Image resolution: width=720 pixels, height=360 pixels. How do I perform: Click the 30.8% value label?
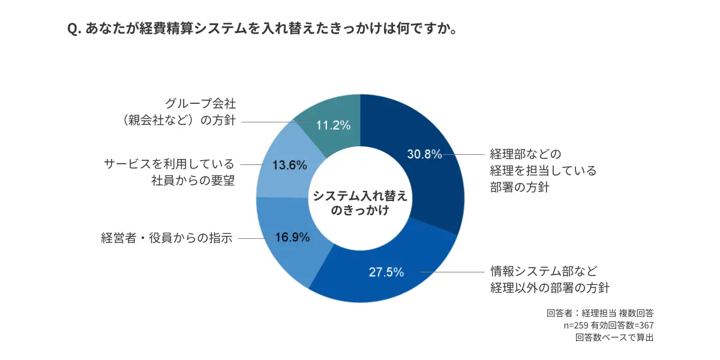pos(424,154)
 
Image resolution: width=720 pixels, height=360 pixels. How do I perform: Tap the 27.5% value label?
pos(386,272)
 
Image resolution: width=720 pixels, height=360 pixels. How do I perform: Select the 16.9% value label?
pos(292,237)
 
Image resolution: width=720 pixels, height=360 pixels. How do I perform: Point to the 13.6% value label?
pos(290,165)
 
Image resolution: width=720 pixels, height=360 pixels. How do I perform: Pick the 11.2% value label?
pos(333,125)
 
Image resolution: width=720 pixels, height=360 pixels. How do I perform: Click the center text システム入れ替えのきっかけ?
pos(360,203)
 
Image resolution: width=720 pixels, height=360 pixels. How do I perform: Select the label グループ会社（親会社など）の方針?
pos(179,112)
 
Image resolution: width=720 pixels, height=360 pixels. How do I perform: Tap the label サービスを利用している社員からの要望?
pos(169,172)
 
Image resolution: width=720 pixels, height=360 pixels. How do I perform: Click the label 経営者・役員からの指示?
pos(166,238)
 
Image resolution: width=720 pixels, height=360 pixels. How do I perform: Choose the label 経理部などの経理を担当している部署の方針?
pos(543,170)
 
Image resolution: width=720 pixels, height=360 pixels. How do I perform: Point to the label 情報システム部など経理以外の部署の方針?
pos(550,279)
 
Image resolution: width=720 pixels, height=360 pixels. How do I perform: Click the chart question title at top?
pos(260,28)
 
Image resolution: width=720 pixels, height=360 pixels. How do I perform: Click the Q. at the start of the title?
pos(74,29)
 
